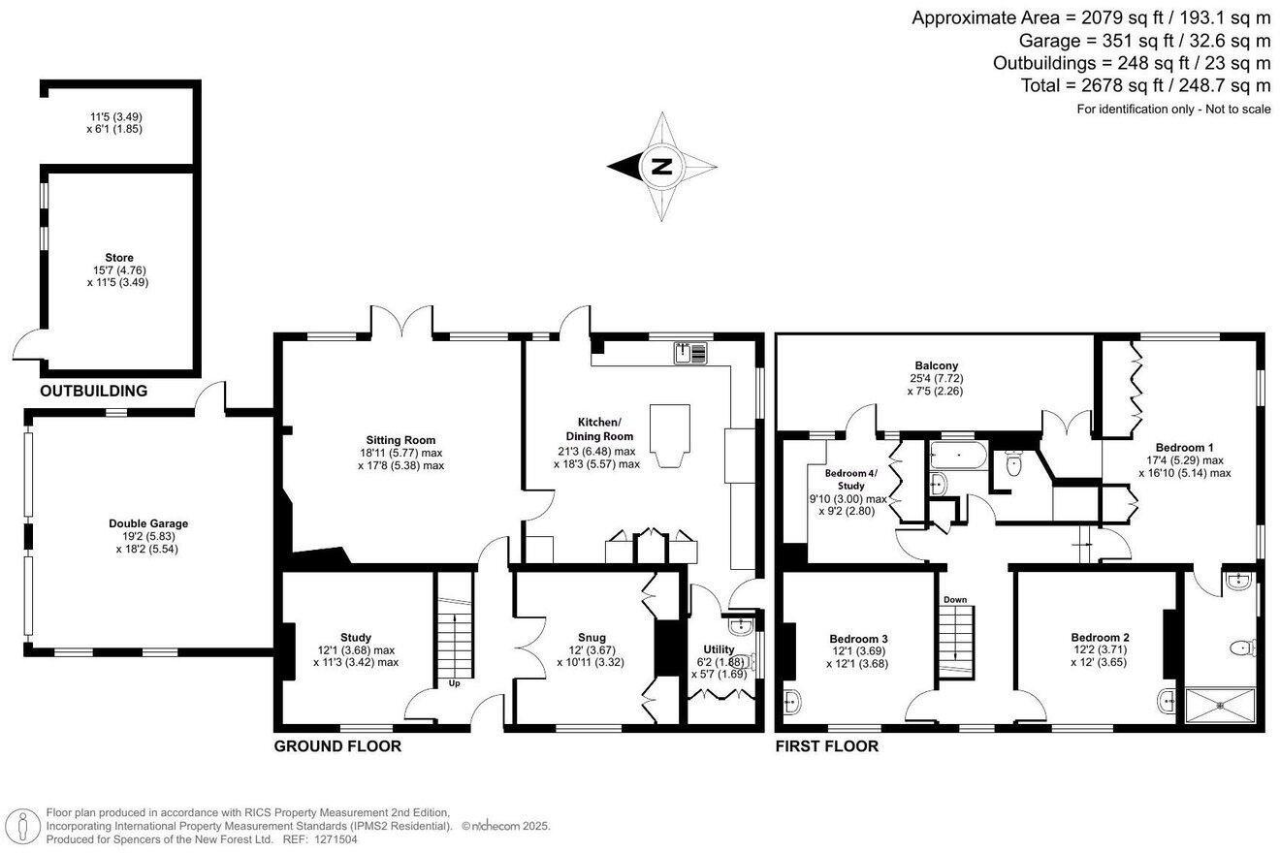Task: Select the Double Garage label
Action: pyautogui.click(x=148, y=523)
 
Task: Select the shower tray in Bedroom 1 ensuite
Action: pyautogui.click(x=1220, y=705)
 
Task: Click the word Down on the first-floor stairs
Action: pyautogui.click(x=955, y=600)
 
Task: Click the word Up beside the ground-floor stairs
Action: pyautogui.click(x=454, y=683)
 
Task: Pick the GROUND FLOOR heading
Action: pyautogui.click(x=337, y=746)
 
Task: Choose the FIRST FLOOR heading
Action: pyautogui.click(x=826, y=746)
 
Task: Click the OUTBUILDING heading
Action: pyautogui.click(x=94, y=392)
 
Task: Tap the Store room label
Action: pyautogui.click(x=119, y=258)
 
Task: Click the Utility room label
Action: pyautogui.click(x=719, y=649)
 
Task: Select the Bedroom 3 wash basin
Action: pyautogui.click(x=792, y=701)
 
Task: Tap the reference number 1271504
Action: pyautogui.click(x=335, y=839)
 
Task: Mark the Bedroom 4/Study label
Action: pyautogui.click(x=850, y=479)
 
